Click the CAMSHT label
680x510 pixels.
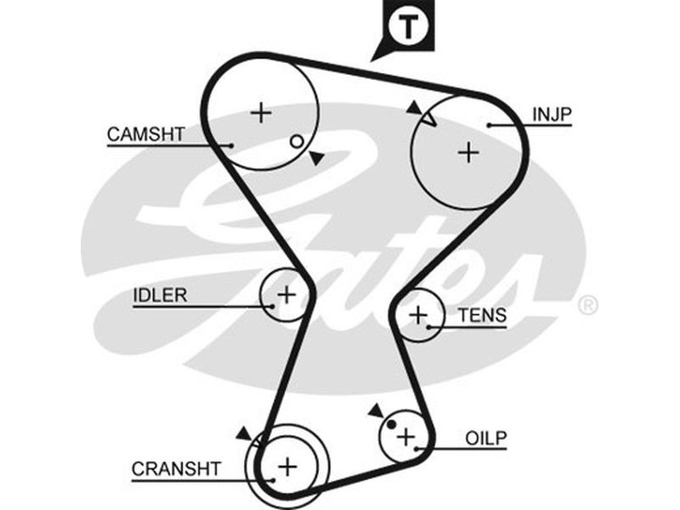click(x=145, y=134)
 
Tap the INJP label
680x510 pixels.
click(x=552, y=113)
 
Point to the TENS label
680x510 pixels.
click(x=482, y=316)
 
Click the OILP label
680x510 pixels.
click(x=486, y=438)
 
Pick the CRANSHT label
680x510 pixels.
click(x=176, y=468)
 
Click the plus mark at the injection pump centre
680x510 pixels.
click(x=468, y=151)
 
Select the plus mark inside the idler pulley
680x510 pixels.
click(x=286, y=295)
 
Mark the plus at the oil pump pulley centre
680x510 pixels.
click(x=406, y=436)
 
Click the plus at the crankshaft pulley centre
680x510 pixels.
click(x=287, y=465)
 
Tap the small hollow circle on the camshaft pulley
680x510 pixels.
click(x=296, y=141)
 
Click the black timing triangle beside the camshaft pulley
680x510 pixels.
click(x=315, y=157)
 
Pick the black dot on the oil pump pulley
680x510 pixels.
click(x=393, y=425)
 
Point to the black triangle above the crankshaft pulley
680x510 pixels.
click(x=245, y=433)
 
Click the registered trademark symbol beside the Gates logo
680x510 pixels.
click(x=587, y=304)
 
